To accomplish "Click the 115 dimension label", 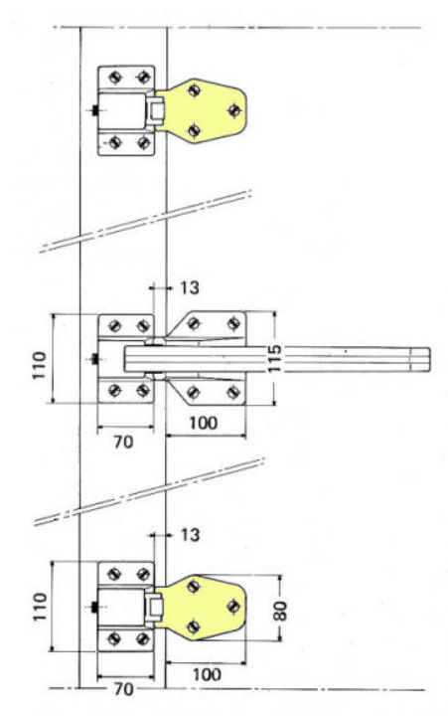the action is tap(274, 358).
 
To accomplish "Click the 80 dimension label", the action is tap(281, 611).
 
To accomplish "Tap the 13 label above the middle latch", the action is tap(190, 287).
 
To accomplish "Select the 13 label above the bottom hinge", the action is tap(190, 534).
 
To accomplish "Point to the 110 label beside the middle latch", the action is tap(39, 365).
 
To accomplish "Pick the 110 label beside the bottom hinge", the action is tap(40, 607).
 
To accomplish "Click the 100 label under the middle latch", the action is tap(204, 423).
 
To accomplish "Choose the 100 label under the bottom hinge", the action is tap(207, 674).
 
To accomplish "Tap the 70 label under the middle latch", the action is tap(123, 442).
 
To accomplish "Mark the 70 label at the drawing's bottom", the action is tap(123, 689).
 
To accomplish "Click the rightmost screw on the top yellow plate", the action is tap(234, 110).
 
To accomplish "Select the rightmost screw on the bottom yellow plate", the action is tap(233, 606).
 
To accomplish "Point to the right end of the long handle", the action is tap(430, 359).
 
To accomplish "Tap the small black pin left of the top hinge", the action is tap(95, 110).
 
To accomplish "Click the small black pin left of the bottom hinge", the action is tap(95, 608).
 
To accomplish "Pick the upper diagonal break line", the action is tap(146, 221).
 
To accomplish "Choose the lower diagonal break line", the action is tap(150, 491).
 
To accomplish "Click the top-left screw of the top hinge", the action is tap(114, 78).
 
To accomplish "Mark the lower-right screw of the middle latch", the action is tap(233, 392).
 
